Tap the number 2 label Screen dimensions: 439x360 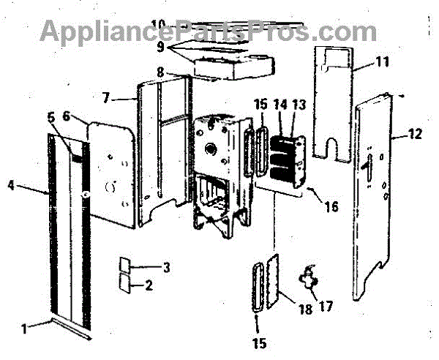tap(149, 285)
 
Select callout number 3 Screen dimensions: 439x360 tap(166, 267)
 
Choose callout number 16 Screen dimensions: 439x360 tap(331, 207)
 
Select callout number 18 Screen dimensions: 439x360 tap(305, 308)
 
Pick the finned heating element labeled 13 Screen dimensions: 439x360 tap(290, 160)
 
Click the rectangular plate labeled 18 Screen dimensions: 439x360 tap(279, 280)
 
